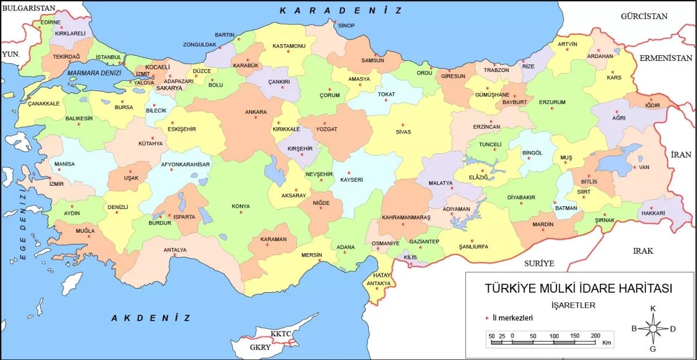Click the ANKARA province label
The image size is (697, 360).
point(256,112)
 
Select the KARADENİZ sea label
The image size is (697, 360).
point(340,10)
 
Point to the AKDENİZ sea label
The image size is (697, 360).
point(150,318)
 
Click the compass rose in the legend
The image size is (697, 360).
point(653,329)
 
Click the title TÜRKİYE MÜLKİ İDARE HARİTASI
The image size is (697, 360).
point(578,289)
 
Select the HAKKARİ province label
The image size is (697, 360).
point(653,214)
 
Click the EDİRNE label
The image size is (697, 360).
point(50,22)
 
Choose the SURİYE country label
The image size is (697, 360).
point(539,263)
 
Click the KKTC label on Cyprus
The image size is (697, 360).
point(280,334)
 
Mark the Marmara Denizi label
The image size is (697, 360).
point(94,73)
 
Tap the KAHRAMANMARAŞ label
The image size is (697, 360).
point(407,218)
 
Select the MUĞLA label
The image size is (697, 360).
point(85,231)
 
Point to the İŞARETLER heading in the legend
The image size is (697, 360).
point(573,305)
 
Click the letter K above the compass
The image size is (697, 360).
point(653,308)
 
